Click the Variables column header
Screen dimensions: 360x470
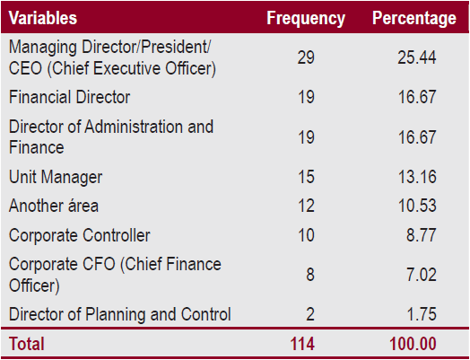[x=43, y=18]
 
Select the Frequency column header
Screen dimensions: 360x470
[x=305, y=18]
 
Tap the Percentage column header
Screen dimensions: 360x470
[x=413, y=18]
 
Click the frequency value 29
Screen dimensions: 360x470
[x=306, y=57]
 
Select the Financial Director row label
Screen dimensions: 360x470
[x=70, y=97]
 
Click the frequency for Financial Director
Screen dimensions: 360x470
[x=306, y=97]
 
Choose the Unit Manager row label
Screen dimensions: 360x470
[x=56, y=178]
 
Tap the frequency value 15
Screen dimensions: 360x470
[x=306, y=178]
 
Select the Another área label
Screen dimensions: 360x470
[x=54, y=206]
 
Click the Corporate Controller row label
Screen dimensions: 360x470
[x=79, y=235]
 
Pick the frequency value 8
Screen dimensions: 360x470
[x=309, y=275]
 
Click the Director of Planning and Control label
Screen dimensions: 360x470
[x=119, y=314]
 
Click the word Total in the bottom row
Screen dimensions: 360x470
[x=27, y=344]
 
